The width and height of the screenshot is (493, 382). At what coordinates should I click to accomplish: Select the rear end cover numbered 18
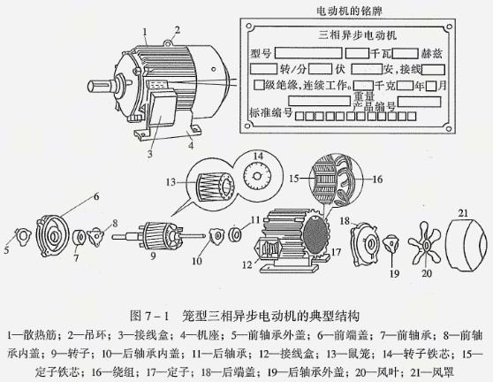pyautogui.click(x=362, y=242)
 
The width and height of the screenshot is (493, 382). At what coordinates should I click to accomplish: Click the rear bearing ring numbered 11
pyautogui.click(x=236, y=235)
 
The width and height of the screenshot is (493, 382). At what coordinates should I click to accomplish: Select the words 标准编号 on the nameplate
pyautogui.click(x=271, y=114)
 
